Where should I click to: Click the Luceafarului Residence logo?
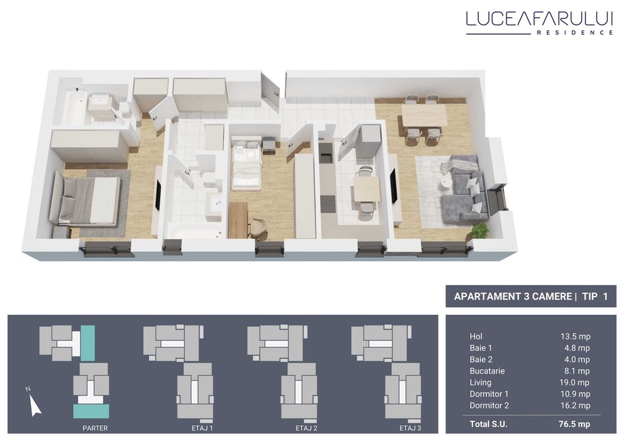(539, 22)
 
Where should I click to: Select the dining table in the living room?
(424, 115)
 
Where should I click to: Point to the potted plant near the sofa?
(480, 230)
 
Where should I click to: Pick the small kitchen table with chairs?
(366, 189)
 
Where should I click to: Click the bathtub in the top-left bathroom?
(75, 109)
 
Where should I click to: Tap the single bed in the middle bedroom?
(247, 166)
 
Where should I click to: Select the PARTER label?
(95, 428)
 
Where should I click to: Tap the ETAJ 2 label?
(306, 428)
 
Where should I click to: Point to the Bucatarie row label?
(487, 371)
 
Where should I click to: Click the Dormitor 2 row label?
(489, 406)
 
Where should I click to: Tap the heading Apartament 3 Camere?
(512, 297)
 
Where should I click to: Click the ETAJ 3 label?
(410, 428)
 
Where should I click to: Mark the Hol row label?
(476, 336)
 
